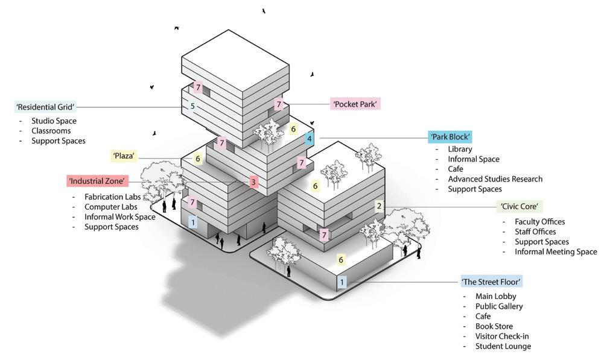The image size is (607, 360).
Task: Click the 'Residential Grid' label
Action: click(x=45, y=107)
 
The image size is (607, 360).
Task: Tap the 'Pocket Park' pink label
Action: click(x=355, y=104)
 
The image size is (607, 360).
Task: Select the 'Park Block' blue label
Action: click(x=450, y=136)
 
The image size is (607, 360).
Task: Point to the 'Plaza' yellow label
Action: click(x=124, y=156)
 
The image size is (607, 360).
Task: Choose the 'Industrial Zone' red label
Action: click(x=97, y=180)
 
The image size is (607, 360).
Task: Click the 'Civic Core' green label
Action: click(x=519, y=206)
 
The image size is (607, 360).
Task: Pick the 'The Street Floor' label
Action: click(x=491, y=282)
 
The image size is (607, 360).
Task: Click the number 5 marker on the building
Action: click(x=192, y=107)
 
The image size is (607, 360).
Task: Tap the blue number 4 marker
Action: click(x=310, y=139)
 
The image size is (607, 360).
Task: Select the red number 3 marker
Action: click(x=253, y=182)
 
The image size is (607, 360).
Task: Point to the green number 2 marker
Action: click(x=379, y=206)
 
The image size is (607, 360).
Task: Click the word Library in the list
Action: click(x=460, y=149)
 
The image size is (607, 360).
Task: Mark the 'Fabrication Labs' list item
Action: click(x=112, y=197)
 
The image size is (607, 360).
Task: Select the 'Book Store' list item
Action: click(x=494, y=326)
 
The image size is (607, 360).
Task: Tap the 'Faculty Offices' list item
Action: click(x=539, y=222)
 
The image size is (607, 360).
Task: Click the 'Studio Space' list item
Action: click(x=54, y=121)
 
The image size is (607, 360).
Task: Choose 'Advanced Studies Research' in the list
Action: click(x=495, y=179)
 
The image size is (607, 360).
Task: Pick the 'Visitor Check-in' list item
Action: click(x=502, y=336)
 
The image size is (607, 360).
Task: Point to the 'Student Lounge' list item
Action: click(x=503, y=346)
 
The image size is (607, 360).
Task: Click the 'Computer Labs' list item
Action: click(x=110, y=207)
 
